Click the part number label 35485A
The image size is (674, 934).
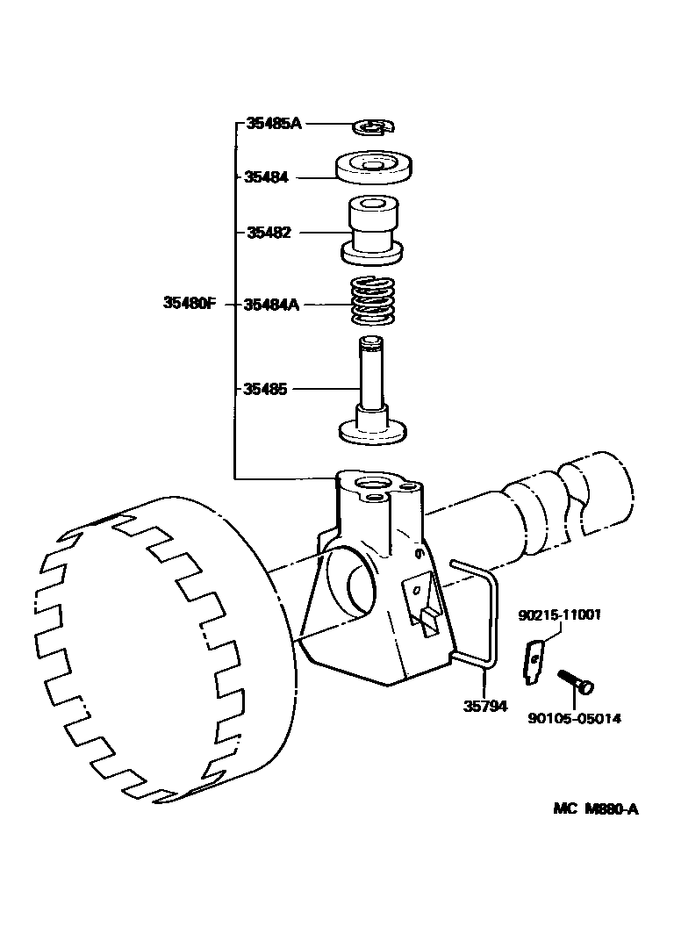pos(273,124)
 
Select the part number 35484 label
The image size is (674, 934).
pos(267,177)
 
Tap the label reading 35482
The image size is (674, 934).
pos(267,233)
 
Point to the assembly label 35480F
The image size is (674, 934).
pos(189,304)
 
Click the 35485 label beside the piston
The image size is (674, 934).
pos(267,388)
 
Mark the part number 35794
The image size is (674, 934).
pos(486,706)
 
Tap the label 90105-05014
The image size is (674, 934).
pos(575,719)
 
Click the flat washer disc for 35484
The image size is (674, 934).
pos(375,167)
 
